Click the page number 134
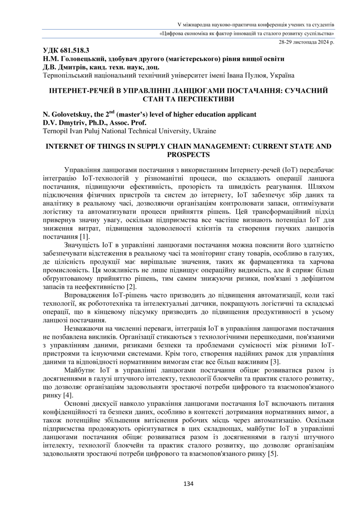188,484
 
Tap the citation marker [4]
68,395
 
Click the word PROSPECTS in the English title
188,155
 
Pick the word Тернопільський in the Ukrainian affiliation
66,75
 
